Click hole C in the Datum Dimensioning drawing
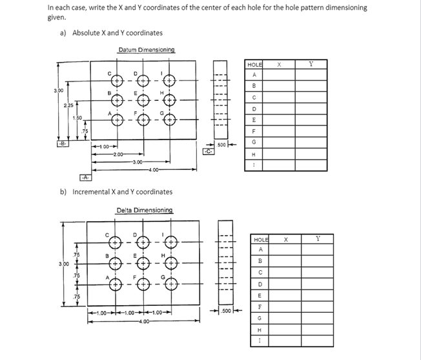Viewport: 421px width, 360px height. coord(117,81)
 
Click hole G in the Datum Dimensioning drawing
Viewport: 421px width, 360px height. coord(170,119)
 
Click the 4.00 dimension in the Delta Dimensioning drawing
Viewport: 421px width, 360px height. coord(142,320)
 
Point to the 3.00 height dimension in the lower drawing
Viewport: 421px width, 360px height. coord(63,264)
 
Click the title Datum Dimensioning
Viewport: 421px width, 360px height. coord(146,50)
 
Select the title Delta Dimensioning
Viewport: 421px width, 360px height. coord(145,210)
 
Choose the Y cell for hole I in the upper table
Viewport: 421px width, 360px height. coord(311,165)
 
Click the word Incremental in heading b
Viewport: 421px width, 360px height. coord(90,192)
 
